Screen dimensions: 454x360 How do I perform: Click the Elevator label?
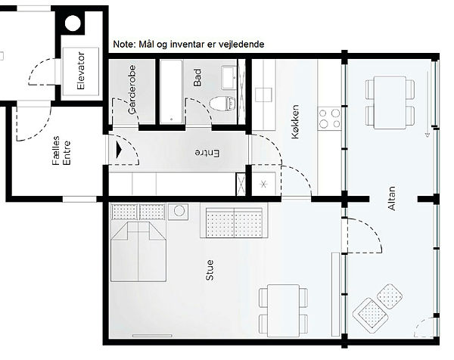pos(81,70)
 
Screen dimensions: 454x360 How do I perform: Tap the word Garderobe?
pos(132,89)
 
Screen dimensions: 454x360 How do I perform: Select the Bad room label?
pos(197,78)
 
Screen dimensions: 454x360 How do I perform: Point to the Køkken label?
pos(295,122)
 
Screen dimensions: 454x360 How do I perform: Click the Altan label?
pos(391,198)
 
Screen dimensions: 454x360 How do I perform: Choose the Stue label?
pos(210,270)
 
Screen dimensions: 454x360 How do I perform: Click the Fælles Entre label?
pos(61,151)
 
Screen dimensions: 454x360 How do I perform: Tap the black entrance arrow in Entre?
pos(119,150)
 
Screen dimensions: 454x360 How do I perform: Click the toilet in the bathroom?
pos(222,104)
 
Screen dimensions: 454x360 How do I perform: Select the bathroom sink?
pos(229,78)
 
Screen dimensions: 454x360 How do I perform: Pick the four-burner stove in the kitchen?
pos(329,118)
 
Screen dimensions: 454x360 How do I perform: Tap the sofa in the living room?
pos(234,221)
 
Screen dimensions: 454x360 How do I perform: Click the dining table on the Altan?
pos(390,102)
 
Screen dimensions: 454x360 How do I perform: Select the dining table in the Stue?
pos(283,311)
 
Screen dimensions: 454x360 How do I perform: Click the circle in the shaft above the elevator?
pos(73,23)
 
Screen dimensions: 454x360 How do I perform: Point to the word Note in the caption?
pos(123,45)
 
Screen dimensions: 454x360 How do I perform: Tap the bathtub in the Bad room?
pos(172,92)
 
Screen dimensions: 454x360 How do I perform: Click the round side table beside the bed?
pos(179,211)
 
